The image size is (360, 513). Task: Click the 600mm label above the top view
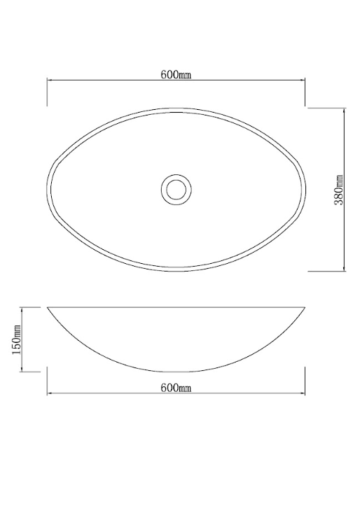point(176,76)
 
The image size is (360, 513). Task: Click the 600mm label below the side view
point(176,387)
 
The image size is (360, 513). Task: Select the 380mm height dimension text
point(339,190)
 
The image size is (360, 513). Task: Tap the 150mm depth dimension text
point(16,339)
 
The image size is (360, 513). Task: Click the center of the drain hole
point(176,189)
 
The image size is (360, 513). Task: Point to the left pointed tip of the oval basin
point(48,189)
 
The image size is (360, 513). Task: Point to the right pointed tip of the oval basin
point(305,189)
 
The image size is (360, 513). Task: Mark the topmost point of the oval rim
point(176,108)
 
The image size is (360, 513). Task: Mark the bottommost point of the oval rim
point(176,271)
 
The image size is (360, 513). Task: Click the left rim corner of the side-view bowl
point(48,307)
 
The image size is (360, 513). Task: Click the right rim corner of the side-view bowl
point(305,307)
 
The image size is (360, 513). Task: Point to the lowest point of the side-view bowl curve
point(176,372)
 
